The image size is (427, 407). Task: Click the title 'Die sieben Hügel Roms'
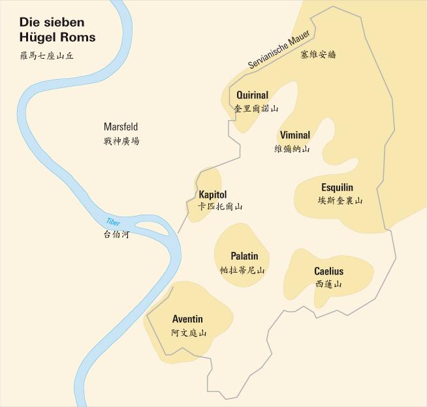57,30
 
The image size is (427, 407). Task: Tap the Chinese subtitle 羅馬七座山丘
47,56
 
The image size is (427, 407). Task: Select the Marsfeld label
121,127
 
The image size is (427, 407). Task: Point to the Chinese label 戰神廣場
121,141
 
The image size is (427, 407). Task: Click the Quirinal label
253,95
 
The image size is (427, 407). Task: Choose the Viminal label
294,135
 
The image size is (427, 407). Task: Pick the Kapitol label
212,194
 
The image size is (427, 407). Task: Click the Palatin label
244,256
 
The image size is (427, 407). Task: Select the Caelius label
328,271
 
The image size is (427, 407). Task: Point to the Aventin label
187,319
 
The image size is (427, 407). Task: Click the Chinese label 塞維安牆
318,55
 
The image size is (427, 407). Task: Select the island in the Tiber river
155,228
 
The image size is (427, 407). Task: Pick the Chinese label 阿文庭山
189,333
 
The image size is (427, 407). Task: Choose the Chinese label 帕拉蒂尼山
243,270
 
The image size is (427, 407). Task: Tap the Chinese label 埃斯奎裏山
340,201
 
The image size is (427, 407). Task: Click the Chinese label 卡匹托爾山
220,207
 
